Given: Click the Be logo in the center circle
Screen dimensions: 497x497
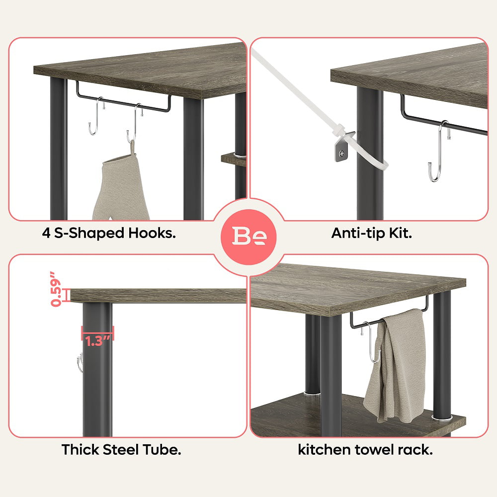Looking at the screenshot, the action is [249, 236].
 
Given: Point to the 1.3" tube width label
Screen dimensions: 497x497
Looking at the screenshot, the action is [97, 341].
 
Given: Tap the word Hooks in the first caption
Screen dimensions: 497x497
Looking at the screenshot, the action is [152, 233].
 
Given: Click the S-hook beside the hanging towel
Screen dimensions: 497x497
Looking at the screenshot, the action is [372, 342].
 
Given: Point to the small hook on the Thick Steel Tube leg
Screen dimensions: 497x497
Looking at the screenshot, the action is [80, 363].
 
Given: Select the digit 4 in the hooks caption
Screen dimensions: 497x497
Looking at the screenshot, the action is [46, 234].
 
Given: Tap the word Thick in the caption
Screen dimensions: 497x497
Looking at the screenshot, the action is [81, 450].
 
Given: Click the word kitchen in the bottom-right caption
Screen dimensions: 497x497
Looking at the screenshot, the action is [324, 450].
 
